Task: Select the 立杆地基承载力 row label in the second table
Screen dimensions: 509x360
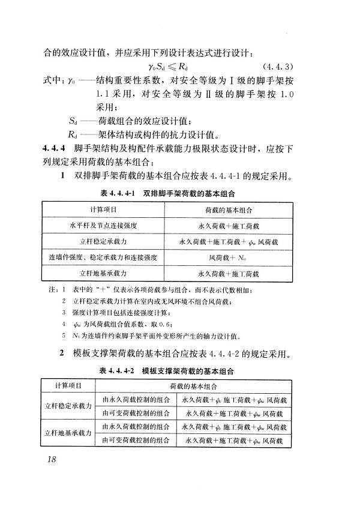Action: point(68,433)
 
